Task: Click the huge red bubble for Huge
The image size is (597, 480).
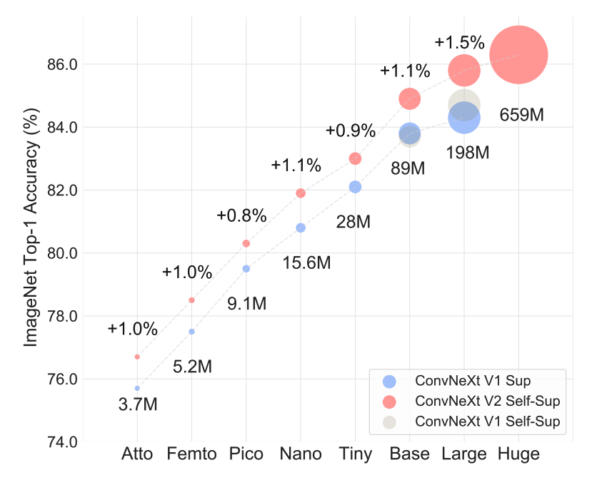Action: (x=519, y=54)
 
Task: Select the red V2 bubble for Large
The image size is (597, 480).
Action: (x=464, y=70)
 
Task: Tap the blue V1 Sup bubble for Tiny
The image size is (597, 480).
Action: (x=355, y=187)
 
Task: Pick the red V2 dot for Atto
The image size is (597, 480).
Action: (x=137, y=357)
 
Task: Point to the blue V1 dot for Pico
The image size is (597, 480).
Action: (x=246, y=269)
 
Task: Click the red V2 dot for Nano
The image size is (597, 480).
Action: (x=301, y=193)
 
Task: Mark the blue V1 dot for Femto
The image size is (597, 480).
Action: (x=191, y=332)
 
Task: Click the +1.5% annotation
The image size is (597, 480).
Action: (x=459, y=42)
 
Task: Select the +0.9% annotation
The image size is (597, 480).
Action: (x=350, y=131)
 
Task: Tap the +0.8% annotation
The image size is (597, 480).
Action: (x=241, y=215)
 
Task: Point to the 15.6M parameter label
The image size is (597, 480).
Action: (x=306, y=263)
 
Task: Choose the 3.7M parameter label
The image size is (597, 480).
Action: (x=138, y=404)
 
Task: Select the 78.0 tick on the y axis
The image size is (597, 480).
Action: (x=63, y=316)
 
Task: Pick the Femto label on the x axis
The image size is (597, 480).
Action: (x=191, y=454)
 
